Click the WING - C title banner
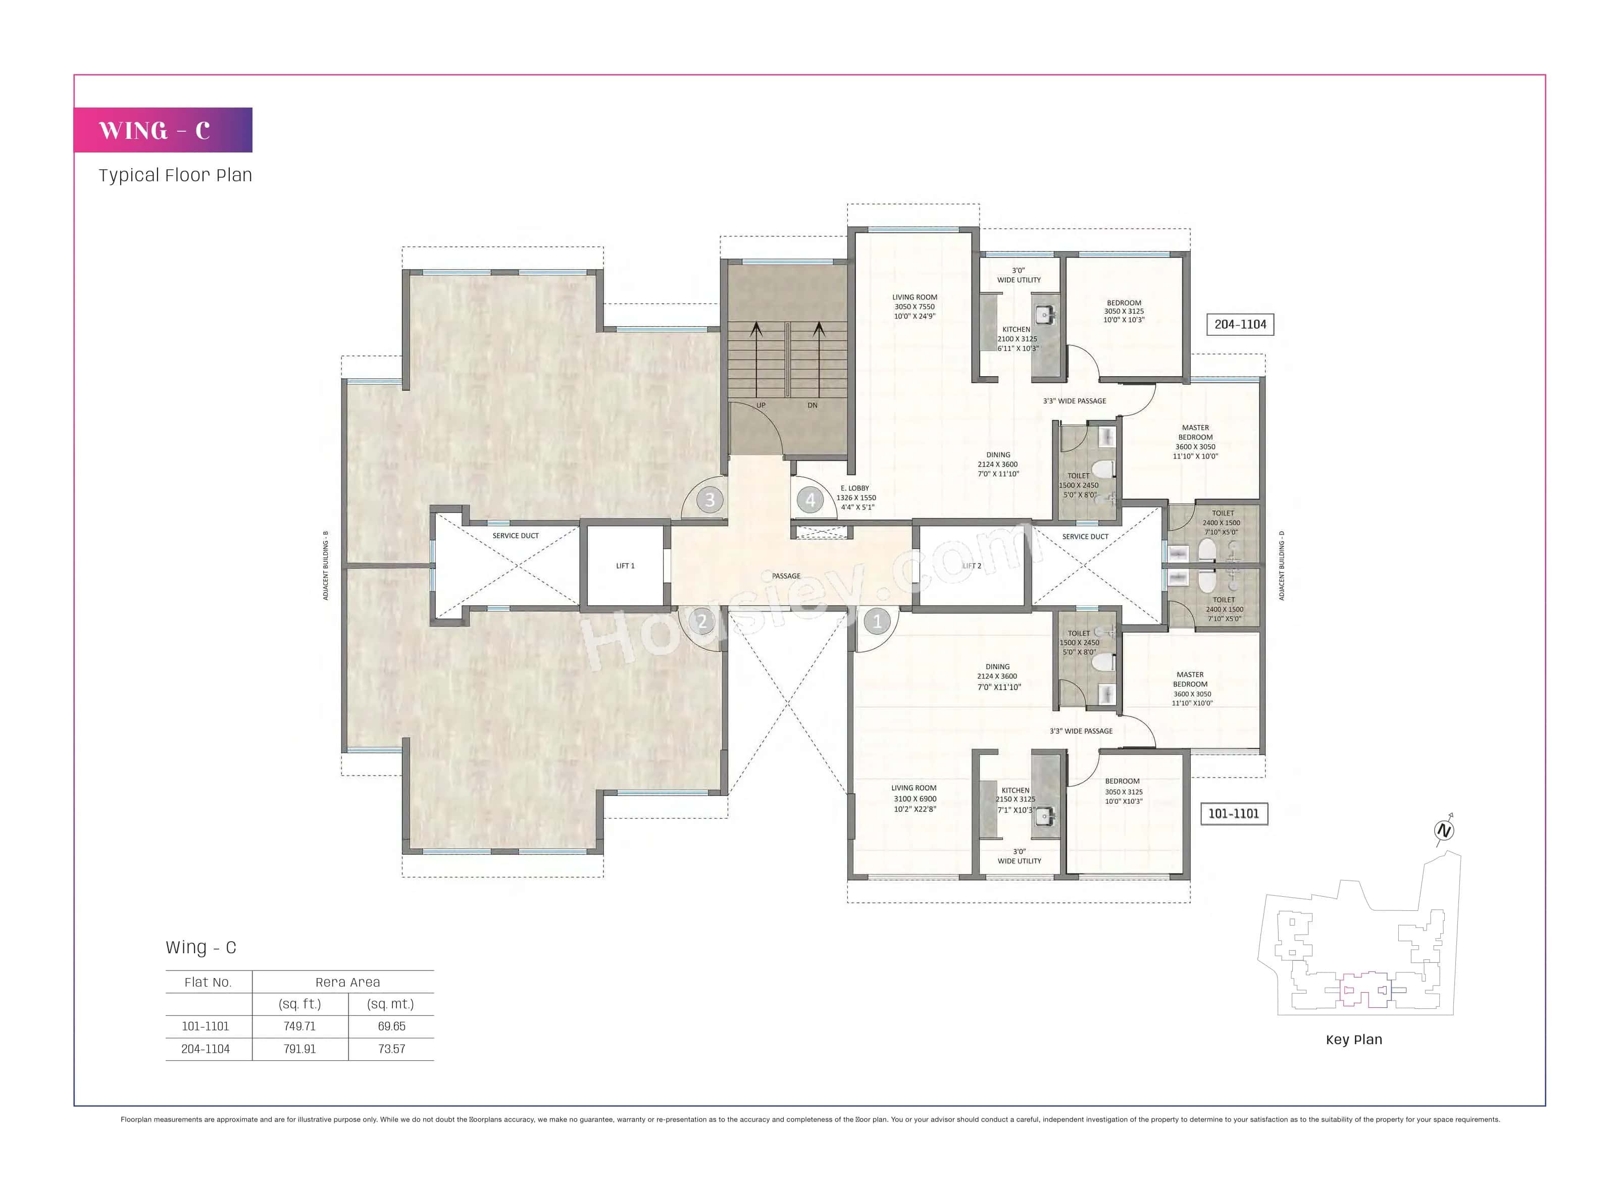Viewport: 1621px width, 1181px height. [x=163, y=130]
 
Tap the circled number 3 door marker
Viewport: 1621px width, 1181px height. [x=710, y=500]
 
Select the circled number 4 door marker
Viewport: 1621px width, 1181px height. [x=810, y=500]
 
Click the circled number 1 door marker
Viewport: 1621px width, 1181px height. [x=877, y=621]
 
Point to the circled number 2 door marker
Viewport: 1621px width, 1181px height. [x=701, y=621]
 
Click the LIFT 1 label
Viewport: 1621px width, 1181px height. [x=625, y=566]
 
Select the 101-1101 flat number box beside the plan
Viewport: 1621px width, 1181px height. [x=1234, y=813]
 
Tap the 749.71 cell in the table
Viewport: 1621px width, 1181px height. [x=299, y=1026]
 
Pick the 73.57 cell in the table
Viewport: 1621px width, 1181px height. [x=391, y=1049]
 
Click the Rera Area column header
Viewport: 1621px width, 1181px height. [x=347, y=982]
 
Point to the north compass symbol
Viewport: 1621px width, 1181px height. [x=1444, y=830]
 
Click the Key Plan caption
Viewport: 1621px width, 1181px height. [x=1353, y=1040]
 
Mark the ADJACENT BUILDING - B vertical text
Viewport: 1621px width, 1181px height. [x=326, y=565]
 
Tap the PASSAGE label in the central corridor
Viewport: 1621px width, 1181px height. [x=786, y=576]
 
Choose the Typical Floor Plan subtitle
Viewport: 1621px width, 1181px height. [x=175, y=175]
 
